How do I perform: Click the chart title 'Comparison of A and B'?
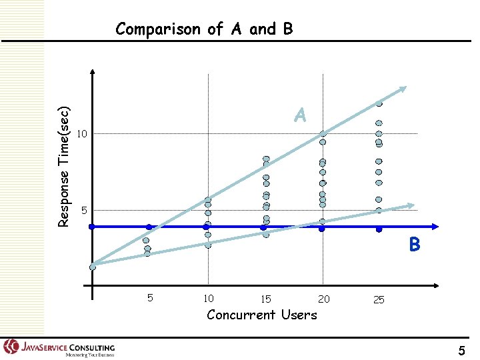click(x=203, y=29)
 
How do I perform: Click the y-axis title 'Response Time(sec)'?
click(x=64, y=166)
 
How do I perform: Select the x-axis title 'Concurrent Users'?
click(x=262, y=315)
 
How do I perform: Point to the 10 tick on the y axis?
click(x=81, y=135)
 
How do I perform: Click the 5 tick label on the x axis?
click(x=150, y=298)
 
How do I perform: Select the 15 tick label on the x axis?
click(x=265, y=299)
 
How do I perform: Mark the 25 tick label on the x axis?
click(x=379, y=300)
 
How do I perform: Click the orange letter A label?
click(x=300, y=116)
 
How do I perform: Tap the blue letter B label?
click(x=415, y=245)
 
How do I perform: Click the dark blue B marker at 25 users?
click(x=379, y=229)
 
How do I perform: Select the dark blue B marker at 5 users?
click(x=149, y=227)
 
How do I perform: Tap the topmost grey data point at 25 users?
click(x=379, y=103)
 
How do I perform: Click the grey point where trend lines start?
click(x=93, y=267)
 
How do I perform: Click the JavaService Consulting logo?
click(x=59, y=348)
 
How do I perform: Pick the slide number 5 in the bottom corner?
click(x=462, y=349)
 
